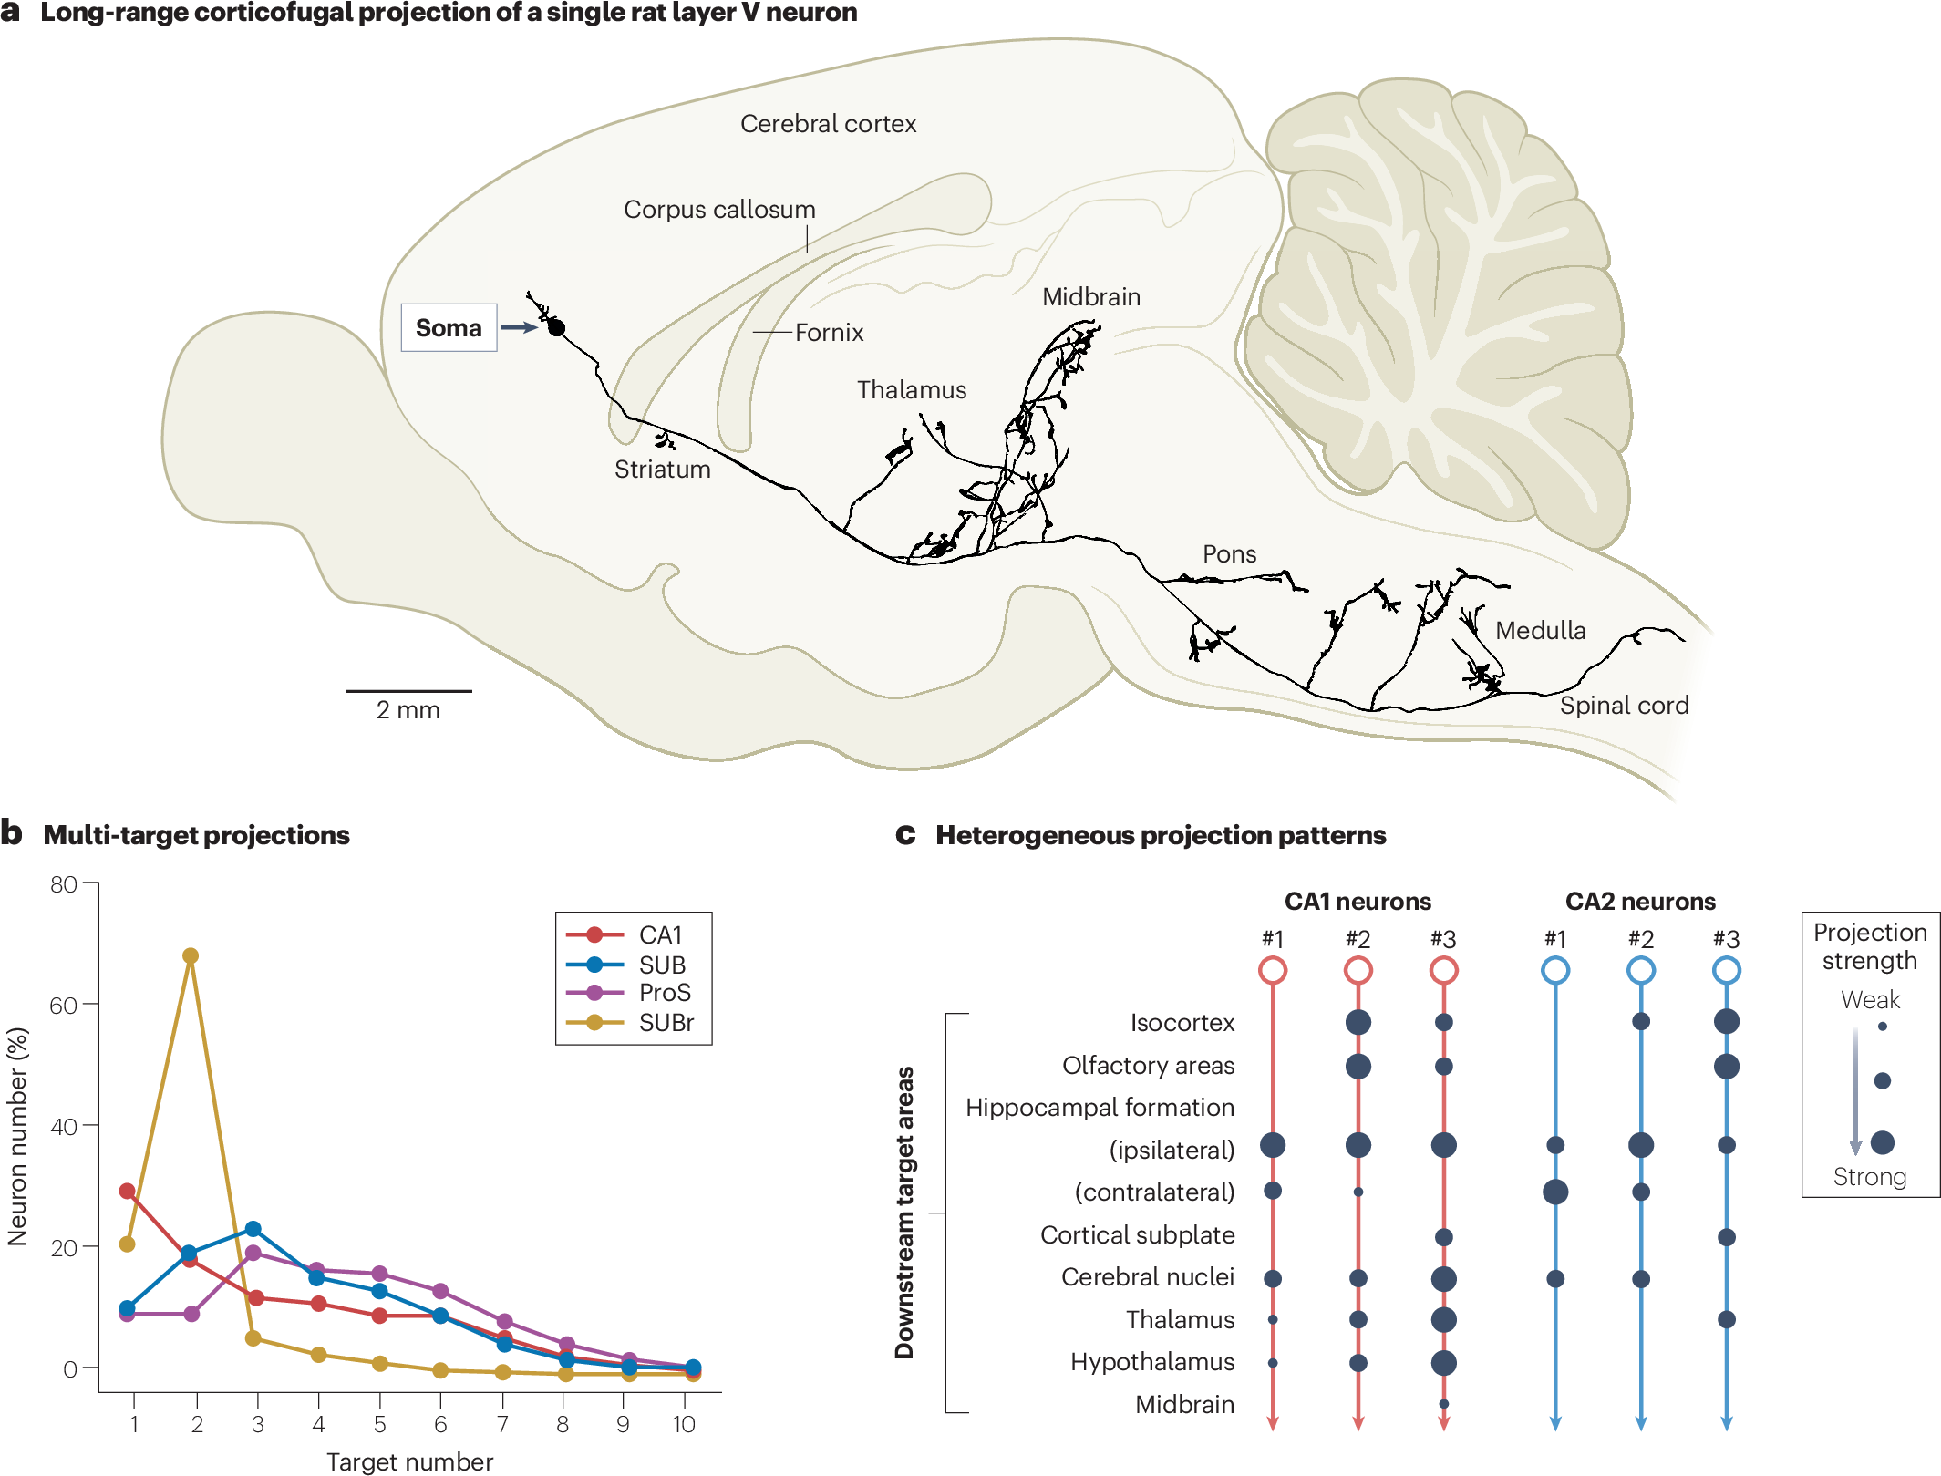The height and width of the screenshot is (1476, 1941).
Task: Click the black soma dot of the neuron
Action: [556, 327]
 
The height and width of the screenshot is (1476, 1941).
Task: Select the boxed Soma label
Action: [449, 327]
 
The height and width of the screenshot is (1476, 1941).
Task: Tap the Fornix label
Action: [829, 333]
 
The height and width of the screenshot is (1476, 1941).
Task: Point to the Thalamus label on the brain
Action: [911, 390]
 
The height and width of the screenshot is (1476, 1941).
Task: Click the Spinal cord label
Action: [1624, 706]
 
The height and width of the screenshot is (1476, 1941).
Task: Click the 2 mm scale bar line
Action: [408, 691]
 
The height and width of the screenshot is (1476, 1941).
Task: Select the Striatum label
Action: [662, 470]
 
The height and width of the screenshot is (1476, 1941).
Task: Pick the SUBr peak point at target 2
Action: [191, 956]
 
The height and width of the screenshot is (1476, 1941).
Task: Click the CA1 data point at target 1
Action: [128, 1191]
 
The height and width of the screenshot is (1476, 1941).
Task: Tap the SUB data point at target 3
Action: [253, 1229]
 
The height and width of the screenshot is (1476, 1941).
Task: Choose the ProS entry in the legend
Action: [665, 993]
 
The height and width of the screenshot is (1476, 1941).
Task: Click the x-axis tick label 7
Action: [501, 1424]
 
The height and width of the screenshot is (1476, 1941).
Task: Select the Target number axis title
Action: [409, 1461]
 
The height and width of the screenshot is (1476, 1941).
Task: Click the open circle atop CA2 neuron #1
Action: [1555, 970]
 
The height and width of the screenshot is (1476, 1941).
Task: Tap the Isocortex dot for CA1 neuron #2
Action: [1358, 1022]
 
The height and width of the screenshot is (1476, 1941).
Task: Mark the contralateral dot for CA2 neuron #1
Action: [1555, 1192]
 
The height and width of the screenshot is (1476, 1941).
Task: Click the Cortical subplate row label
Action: [1137, 1235]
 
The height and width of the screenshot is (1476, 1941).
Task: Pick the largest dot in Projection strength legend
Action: [1882, 1142]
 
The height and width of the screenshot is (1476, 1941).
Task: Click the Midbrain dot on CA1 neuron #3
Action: [1443, 1404]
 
